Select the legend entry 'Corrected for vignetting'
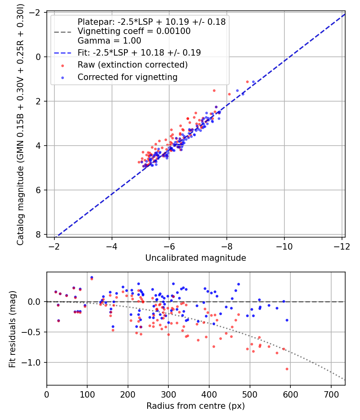tap(128, 77)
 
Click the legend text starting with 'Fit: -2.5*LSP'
tap(139, 52)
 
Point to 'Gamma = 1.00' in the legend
tap(109, 41)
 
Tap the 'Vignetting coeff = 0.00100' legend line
tap(134, 31)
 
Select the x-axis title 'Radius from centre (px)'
tap(196, 406)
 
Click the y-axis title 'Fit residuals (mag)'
tap(12, 329)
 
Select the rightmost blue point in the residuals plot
tap(287, 320)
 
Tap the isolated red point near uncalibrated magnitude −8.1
tap(229, 94)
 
